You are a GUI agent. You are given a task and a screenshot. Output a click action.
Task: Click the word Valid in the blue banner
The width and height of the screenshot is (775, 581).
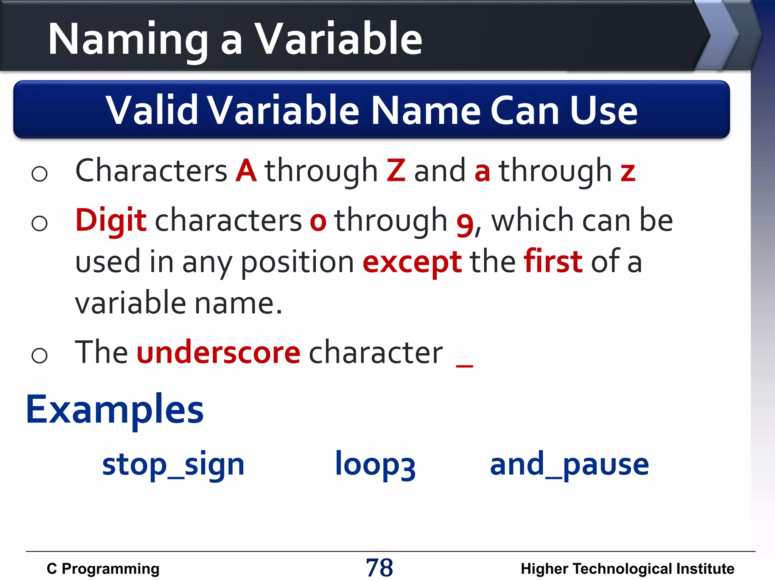[151, 110]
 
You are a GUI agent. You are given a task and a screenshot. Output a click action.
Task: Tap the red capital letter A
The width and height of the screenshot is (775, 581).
[246, 171]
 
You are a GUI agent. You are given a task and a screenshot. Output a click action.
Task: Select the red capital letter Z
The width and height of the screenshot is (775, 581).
[396, 171]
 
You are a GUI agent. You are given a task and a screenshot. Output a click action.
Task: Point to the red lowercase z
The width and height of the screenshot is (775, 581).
[628, 172]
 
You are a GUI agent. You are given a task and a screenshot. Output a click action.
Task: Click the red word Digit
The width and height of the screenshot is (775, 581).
[110, 221]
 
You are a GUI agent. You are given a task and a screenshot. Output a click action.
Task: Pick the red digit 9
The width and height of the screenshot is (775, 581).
[465, 224]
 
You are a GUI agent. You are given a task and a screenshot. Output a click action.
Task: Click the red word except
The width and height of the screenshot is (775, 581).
[412, 263]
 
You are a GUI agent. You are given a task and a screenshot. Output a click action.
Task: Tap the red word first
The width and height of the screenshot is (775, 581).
[553, 261]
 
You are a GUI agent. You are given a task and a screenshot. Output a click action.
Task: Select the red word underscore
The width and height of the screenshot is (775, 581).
[218, 353]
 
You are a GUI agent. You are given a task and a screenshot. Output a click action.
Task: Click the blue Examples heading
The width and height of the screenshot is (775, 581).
[115, 410]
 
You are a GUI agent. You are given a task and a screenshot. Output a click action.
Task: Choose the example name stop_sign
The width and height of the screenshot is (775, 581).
[173, 465]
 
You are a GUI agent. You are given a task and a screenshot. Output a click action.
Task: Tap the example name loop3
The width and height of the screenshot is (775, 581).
[375, 465]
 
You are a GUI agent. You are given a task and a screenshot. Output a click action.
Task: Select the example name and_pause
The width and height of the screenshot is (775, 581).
[569, 465]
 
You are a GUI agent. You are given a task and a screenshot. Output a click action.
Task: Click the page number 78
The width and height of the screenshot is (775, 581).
[379, 568]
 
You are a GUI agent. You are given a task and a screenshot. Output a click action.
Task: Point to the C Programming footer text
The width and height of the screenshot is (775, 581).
[103, 569]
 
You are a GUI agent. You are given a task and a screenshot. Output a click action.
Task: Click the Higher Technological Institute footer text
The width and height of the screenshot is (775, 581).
[627, 569]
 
